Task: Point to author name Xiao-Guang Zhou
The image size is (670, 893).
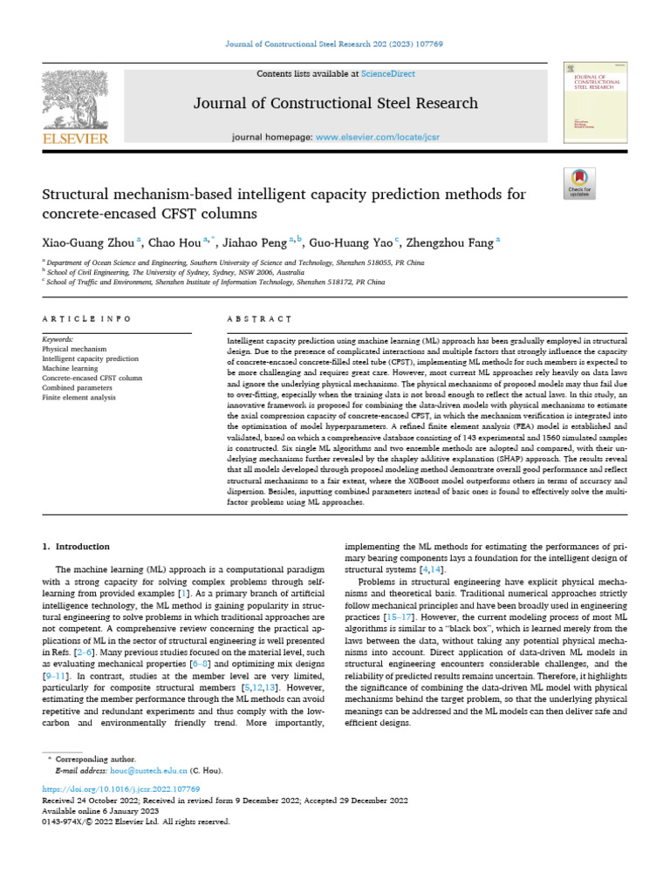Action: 85,242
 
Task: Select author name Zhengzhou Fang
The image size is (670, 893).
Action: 451,242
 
